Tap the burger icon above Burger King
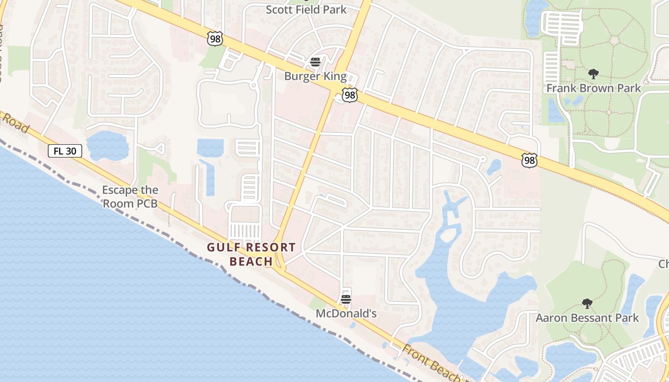315,62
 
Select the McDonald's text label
346,314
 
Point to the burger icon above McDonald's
346,299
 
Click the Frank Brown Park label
593,88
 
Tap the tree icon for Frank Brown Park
593,74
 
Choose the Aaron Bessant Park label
587,318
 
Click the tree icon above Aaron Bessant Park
587,304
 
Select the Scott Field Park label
306,10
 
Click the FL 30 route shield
65,151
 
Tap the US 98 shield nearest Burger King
350,95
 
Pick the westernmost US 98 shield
215,39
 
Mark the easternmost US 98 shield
529,160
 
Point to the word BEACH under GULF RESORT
251,262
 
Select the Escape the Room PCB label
130,197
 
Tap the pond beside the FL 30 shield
108,146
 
